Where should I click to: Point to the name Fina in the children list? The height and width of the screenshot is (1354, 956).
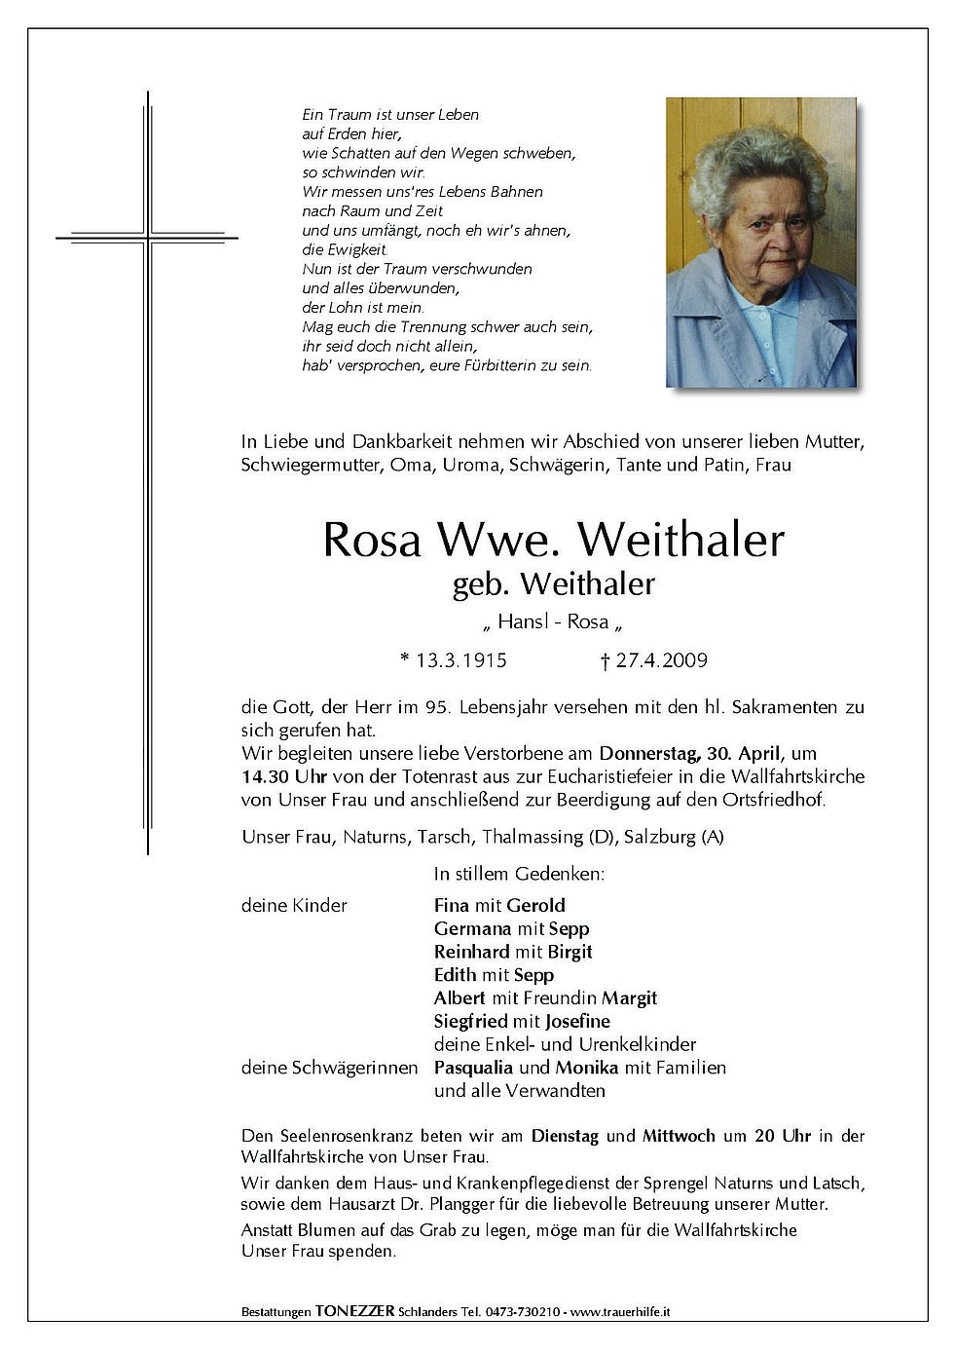451,905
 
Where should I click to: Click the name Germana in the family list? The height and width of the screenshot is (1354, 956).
471,928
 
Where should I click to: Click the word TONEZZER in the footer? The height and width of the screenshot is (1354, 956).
355,1312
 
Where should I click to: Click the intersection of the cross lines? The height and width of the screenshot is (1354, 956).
148,236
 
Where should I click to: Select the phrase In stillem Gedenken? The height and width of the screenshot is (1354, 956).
520,874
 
